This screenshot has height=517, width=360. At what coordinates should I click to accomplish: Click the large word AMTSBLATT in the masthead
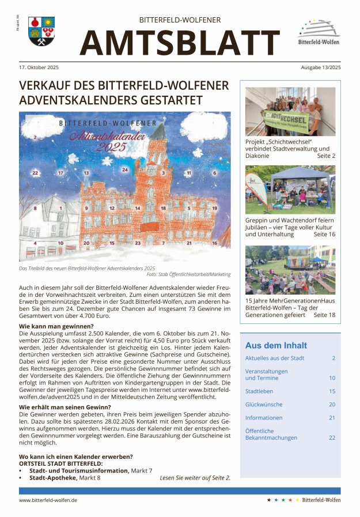pyautogui.click(x=180, y=42)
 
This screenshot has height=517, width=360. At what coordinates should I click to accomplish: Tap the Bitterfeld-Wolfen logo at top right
pyautogui.click(x=318, y=32)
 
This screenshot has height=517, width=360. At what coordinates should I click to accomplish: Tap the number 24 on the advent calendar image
pyautogui.click(x=124, y=169)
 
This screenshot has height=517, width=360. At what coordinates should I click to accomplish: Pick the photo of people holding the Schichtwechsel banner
pyautogui.click(x=290, y=111)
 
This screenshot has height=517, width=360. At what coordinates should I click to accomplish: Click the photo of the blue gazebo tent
pyautogui.click(x=290, y=190)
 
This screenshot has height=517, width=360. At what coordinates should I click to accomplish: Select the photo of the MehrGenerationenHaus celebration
pyautogui.click(x=290, y=270)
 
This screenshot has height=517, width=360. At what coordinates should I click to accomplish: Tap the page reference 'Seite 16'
pyautogui.click(x=324, y=235)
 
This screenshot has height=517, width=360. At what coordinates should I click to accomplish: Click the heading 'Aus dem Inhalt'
pyautogui.click(x=276, y=346)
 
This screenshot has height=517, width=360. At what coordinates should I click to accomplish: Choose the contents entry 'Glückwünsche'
pyautogui.click(x=264, y=405)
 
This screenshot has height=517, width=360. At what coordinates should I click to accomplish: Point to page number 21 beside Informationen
pyautogui.click(x=332, y=418)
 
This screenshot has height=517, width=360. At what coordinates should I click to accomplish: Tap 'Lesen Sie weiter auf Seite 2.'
pyautogui.click(x=195, y=478)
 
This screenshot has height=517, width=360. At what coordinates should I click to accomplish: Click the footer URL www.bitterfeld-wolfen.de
pyautogui.click(x=48, y=500)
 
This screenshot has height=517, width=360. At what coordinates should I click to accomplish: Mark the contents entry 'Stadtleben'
pyautogui.click(x=259, y=391)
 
